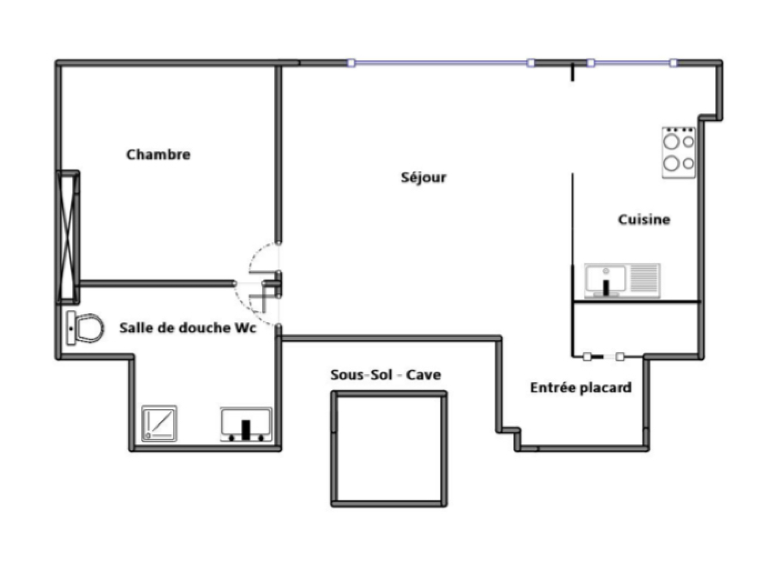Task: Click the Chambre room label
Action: pyautogui.click(x=158, y=154)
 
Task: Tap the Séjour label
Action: pyautogui.click(x=423, y=178)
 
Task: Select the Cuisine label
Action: pyautogui.click(x=644, y=219)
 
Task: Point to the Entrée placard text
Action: pyautogui.click(x=580, y=388)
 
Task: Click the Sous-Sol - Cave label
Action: pyautogui.click(x=386, y=375)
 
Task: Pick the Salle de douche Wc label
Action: pyautogui.click(x=188, y=328)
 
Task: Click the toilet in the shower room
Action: pyautogui.click(x=85, y=328)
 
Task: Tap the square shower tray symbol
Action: pyautogui.click(x=159, y=424)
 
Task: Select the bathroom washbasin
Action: pyautogui.click(x=246, y=424)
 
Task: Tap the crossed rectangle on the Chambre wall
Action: pyautogui.click(x=68, y=237)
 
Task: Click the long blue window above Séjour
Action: pyautogui.click(x=441, y=63)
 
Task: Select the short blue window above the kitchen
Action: pyautogui.click(x=632, y=63)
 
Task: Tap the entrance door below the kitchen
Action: pyautogui.click(x=603, y=356)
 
